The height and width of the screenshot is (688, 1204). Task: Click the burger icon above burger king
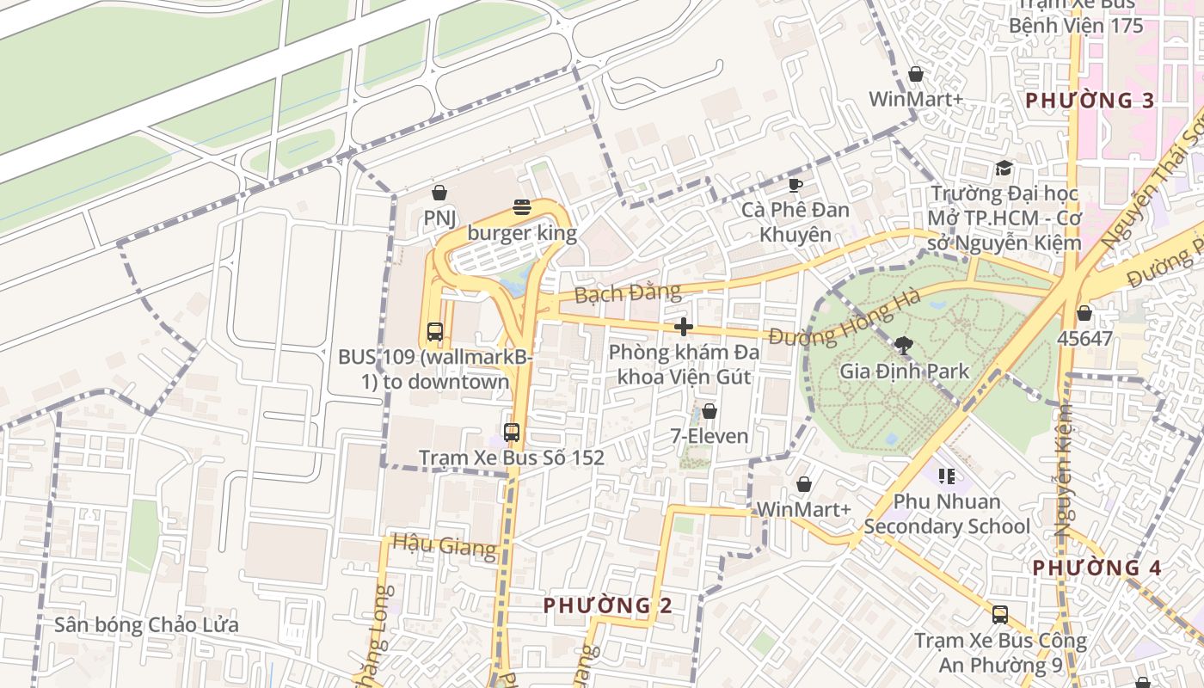(522, 206)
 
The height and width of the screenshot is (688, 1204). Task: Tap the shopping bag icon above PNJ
(439, 193)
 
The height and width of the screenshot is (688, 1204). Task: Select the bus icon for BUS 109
(435, 331)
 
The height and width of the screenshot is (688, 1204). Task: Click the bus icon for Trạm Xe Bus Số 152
(512, 432)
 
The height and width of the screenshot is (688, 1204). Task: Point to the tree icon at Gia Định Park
(904, 346)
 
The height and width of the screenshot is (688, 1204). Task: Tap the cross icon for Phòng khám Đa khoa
(684, 327)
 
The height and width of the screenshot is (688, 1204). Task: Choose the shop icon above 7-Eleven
(709, 411)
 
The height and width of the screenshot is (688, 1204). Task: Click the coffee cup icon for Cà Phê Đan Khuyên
(795, 184)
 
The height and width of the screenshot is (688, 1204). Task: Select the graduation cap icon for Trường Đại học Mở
(1004, 168)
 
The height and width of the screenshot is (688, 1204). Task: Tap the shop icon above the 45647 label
(1084, 313)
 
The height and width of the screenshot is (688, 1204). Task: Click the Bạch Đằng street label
(627, 293)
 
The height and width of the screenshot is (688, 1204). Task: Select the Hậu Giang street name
(444, 544)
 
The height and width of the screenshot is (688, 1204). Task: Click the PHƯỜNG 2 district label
(607, 605)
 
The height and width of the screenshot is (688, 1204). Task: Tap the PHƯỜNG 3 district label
(1090, 101)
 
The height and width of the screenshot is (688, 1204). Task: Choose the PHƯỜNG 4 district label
(1096, 568)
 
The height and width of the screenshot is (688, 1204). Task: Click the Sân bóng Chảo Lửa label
(146, 624)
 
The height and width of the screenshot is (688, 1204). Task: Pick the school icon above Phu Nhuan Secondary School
(947, 476)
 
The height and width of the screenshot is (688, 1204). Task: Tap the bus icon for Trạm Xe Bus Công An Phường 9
(1000, 615)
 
